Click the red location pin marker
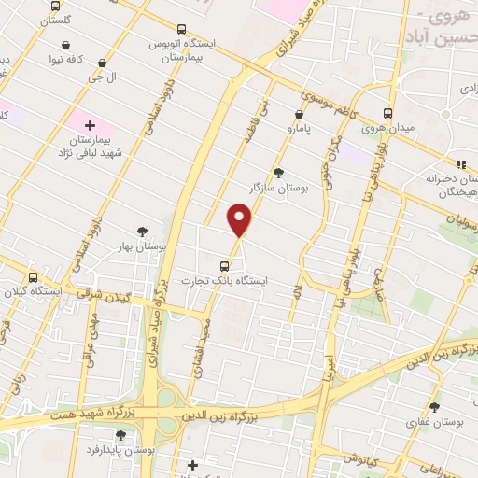[x=240, y=221]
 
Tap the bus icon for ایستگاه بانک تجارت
[x=235, y=264]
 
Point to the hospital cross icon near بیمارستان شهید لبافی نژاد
[x=90, y=124]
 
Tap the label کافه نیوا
[x=87, y=59]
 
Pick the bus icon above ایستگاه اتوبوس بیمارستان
[x=180, y=29]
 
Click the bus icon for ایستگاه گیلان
[x=34, y=277]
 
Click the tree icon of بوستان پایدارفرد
[x=120, y=434]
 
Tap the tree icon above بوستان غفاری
[x=434, y=406]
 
